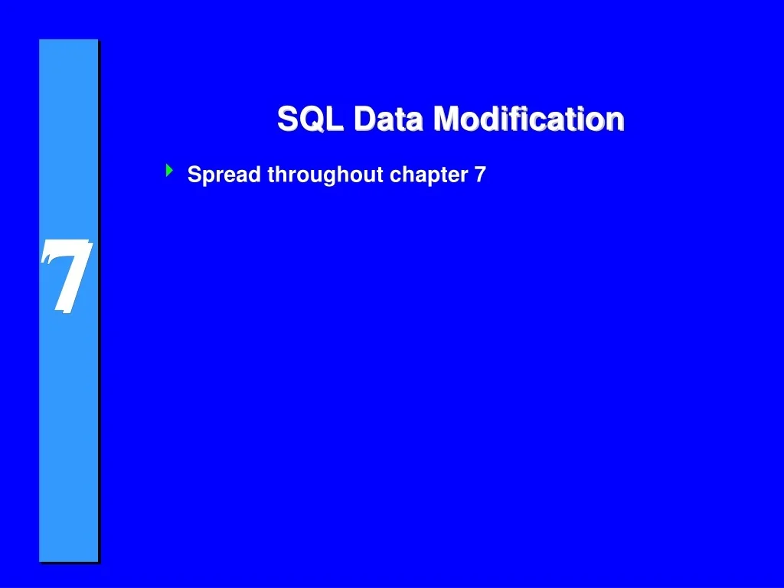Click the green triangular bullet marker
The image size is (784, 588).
(x=168, y=171)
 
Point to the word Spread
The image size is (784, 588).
(x=225, y=175)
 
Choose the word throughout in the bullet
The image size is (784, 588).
(x=325, y=175)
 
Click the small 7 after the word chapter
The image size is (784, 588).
(x=480, y=175)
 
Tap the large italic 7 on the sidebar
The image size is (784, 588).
(x=67, y=276)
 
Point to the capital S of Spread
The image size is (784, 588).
(x=194, y=175)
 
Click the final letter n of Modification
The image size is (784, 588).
(x=615, y=121)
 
